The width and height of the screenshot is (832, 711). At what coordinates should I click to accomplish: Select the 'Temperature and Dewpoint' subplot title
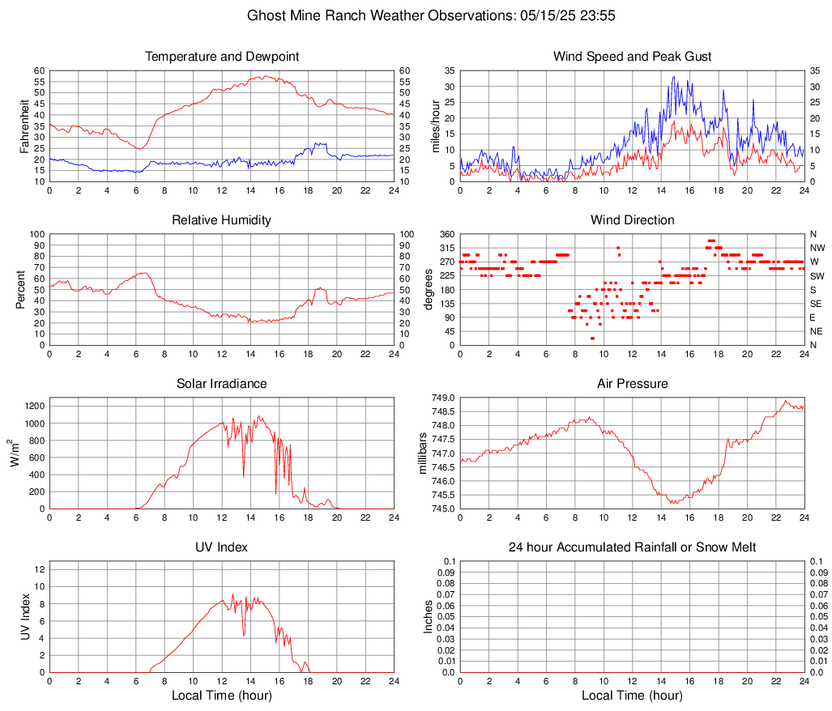pos(222,57)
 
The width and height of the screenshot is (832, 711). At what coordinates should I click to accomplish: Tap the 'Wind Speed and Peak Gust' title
pos(632,57)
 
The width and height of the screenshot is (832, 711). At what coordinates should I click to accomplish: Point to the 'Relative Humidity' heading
pos(222,220)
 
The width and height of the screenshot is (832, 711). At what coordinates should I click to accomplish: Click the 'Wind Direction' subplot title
pos(632,220)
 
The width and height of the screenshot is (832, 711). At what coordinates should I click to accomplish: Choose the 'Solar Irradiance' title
pos(222,384)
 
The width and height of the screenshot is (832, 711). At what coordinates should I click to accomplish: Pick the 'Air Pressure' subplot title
pos(632,384)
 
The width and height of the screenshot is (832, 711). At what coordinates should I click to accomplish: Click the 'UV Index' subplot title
pos(222,547)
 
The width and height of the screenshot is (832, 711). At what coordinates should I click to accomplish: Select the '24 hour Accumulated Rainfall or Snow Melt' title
pos(632,547)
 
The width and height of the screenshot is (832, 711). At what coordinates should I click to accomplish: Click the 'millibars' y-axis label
pos(422,453)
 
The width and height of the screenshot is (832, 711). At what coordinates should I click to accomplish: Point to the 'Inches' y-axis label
pos(429,616)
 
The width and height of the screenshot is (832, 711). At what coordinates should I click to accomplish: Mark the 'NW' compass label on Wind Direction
pos(817,248)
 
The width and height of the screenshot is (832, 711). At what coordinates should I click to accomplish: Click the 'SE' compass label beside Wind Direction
pos(817,304)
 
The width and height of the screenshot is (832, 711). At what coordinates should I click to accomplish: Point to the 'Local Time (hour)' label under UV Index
pos(222,696)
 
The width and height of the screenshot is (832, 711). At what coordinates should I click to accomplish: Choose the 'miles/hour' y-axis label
pos(436,126)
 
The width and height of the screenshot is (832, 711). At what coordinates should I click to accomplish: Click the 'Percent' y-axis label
pos(21,289)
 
